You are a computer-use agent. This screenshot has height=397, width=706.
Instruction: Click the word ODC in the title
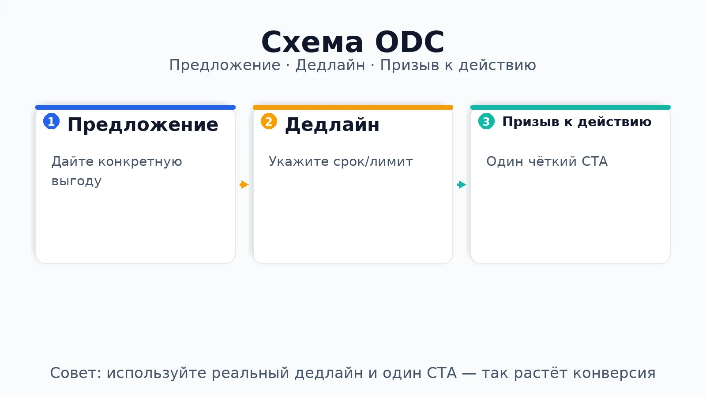409,42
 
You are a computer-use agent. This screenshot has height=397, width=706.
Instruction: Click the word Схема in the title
312,42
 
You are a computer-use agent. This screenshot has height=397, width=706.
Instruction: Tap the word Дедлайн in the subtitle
330,66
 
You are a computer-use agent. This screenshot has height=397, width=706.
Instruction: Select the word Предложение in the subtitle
225,66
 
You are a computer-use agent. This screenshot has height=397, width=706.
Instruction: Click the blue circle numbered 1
51,121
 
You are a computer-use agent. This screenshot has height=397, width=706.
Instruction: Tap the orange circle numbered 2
269,121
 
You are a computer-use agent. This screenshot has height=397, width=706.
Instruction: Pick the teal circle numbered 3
486,121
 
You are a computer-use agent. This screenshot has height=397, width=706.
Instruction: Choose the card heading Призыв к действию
577,122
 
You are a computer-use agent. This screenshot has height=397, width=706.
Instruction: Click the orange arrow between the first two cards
244,184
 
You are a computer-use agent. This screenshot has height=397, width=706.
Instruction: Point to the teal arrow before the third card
462,184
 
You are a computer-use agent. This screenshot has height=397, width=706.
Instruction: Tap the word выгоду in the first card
77,181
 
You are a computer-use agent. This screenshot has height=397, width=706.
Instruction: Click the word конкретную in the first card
140,161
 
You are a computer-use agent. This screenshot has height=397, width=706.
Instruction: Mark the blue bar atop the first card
135,108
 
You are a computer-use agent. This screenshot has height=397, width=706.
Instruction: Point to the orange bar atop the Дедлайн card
353,108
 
